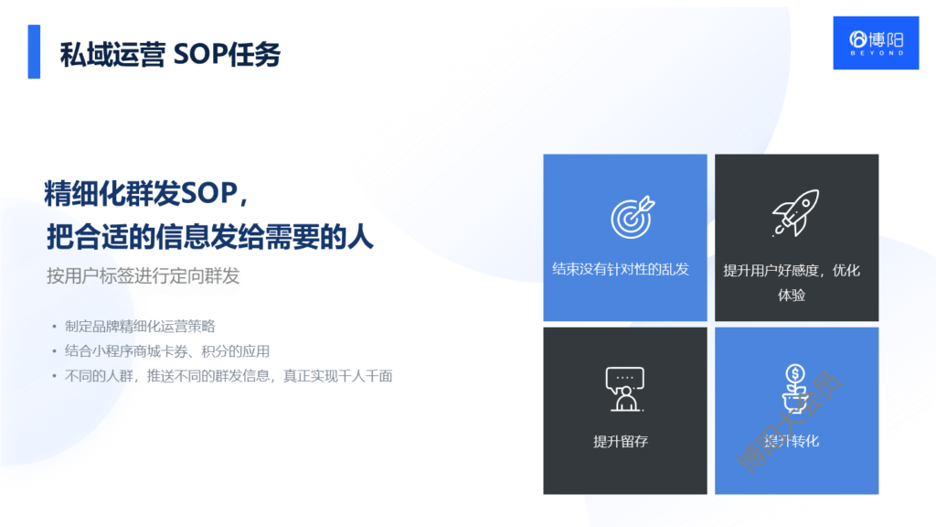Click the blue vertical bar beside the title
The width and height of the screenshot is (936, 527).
point(34,51)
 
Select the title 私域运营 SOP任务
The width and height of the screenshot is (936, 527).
point(170,54)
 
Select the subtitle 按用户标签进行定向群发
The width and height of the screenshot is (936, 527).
point(144,275)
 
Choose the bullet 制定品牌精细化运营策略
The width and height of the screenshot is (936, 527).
point(140,327)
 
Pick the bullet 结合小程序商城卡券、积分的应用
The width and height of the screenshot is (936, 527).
point(167,351)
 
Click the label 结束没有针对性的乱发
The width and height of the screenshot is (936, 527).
point(621,270)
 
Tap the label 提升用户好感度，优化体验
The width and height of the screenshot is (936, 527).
point(792,282)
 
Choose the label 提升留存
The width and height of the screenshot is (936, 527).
point(621,441)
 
